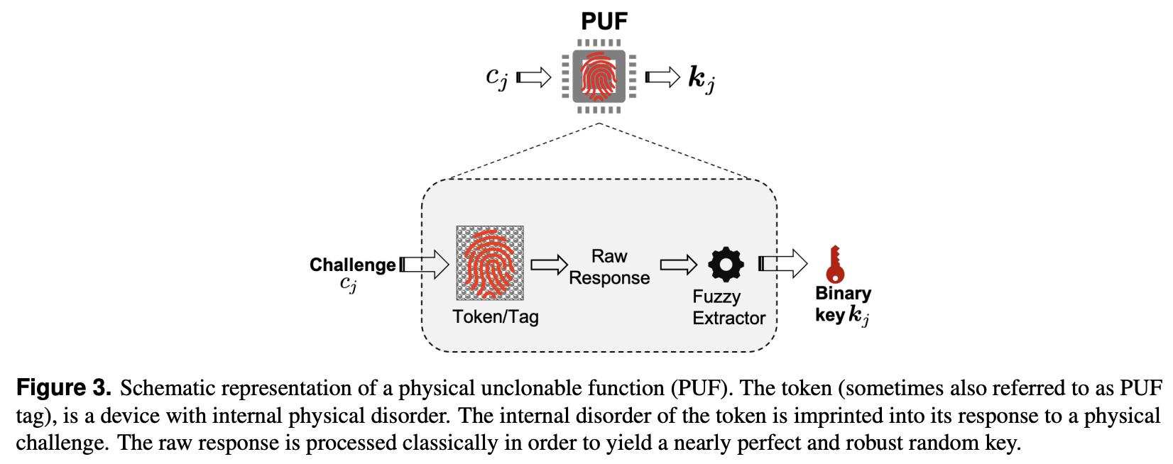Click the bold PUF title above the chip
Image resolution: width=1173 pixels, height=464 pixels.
click(604, 21)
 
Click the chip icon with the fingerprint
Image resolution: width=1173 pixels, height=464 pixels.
click(599, 76)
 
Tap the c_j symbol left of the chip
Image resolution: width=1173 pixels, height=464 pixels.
click(496, 77)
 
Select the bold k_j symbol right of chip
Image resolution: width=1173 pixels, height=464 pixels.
click(701, 78)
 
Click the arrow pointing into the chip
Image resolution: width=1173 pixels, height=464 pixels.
click(534, 77)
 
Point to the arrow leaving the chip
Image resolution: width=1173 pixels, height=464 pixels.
click(662, 77)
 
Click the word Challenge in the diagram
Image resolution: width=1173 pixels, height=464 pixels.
click(352, 265)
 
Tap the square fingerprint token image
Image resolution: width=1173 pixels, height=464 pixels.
click(490, 263)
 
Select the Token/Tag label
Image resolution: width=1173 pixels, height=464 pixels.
click(496, 316)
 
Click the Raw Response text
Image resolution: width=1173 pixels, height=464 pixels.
click(609, 267)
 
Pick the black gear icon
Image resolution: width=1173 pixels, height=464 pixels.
click(726, 265)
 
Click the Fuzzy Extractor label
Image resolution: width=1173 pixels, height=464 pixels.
click(729, 307)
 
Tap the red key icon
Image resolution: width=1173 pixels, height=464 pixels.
click(835, 265)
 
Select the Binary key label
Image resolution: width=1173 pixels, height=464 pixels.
click(843, 304)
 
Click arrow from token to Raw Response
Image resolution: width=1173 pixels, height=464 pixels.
click(549, 265)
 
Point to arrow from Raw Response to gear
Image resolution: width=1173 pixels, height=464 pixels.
click(679, 265)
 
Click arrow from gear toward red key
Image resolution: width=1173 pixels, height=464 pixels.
click(782, 264)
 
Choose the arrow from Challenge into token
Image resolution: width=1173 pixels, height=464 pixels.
click(424, 265)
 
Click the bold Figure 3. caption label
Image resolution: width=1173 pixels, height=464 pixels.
click(64, 388)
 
